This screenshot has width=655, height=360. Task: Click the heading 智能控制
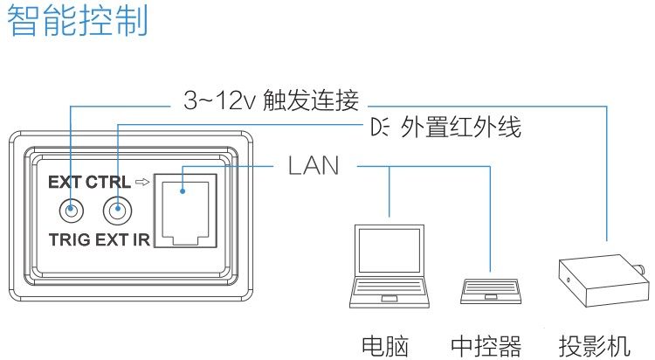click(x=78, y=21)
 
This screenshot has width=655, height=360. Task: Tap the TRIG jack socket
click(x=72, y=210)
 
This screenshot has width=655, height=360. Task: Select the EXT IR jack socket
click(x=117, y=210)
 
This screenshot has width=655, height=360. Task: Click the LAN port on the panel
click(x=185, y=211)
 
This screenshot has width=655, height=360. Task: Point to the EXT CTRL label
click(x=89, y=183)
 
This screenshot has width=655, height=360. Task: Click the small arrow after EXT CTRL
click(x=142, y=182)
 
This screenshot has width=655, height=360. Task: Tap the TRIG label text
click(x=69, y=240)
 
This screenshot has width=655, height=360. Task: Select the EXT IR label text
click(x=122, y=240)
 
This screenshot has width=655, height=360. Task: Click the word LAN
click(x=314, y=165)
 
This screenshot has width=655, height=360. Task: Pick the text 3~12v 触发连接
click(x=272, y=100)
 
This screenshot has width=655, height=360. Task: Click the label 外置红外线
click(x=461, y=127)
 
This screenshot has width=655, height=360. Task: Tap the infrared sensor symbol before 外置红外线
click(x=379, y=127)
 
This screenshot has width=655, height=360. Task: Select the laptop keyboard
click(x=390, y=287)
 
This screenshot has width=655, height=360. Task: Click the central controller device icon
click(x=491, y=291)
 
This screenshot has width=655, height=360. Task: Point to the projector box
click(x=604, y=280)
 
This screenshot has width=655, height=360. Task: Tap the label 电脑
click(x=385, y=346)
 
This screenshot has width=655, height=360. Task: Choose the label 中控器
click(x=486, y=346)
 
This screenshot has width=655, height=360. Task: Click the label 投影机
click(x=595, y=346)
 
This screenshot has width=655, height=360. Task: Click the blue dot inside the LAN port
click(x=183, y=191)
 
